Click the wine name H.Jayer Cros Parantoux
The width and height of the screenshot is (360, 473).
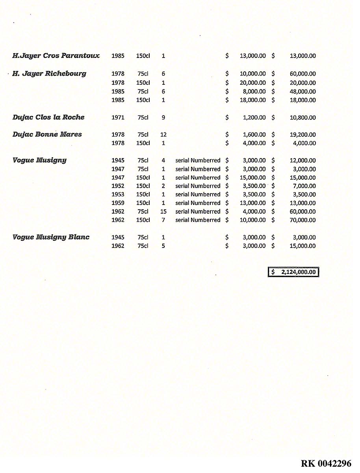point(56,56)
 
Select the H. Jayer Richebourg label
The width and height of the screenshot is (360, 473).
point(49,73)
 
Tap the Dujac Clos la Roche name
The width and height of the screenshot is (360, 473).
point(48,117)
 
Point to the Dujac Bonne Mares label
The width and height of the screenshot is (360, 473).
point(47,134)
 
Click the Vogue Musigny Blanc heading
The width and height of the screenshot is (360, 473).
point(51,237)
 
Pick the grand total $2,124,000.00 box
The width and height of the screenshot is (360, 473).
point(293,272)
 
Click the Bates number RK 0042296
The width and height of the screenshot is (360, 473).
point(326,464)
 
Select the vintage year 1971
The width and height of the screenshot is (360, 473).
point(118,117)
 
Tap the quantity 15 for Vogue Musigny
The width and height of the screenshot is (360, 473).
point(163,212)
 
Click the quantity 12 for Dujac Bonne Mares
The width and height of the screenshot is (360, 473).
point(163,135)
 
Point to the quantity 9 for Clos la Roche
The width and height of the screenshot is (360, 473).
point(163,117)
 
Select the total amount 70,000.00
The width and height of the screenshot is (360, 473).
point(302,220)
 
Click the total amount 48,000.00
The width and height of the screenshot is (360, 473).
point(302,91)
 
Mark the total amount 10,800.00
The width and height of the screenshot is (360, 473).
point(302,117)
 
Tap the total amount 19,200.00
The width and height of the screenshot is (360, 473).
point(302,135)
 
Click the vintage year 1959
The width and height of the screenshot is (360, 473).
point(118,203)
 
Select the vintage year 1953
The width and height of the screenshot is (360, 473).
point(118,194)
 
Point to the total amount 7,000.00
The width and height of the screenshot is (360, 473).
point(304,186)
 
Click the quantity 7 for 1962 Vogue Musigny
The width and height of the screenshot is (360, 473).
point(163,220)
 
